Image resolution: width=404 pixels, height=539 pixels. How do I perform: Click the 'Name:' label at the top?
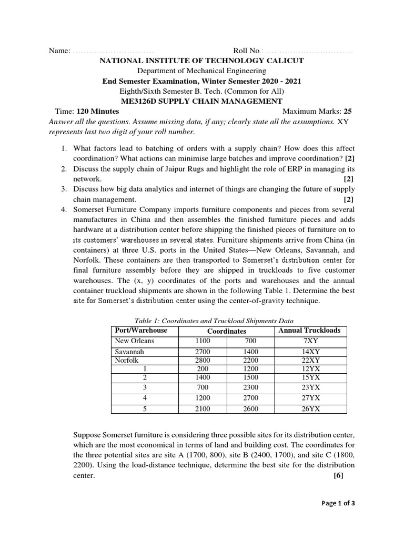[x=59, y=51]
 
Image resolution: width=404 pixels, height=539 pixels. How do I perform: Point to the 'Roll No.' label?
[x=247, y=51]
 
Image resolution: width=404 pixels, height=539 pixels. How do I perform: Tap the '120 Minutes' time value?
[x=98, y=111]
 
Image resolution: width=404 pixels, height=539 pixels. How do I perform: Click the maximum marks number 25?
[x=348, y=111]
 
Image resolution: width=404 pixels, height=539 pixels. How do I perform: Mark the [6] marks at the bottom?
[x=338, y=475]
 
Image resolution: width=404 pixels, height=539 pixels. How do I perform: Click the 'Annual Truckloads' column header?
[x=309, y=331]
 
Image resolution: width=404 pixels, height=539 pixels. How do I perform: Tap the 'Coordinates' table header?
[x=226, y=331]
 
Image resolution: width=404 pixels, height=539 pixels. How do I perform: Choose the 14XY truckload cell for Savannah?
[x=309, y=351]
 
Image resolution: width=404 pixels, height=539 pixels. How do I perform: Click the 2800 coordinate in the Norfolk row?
[x=203, y=360]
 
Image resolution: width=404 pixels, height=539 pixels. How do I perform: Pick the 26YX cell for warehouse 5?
[x=309, y=409]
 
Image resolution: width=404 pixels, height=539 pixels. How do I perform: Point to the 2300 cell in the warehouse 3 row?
[x=250, y=387]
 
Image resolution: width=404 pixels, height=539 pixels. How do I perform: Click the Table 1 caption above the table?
[x=214, y=321]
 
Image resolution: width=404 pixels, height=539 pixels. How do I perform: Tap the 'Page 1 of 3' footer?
[x=338, y=503]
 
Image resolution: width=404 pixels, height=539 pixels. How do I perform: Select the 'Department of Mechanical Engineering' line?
[x=201, y=71]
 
